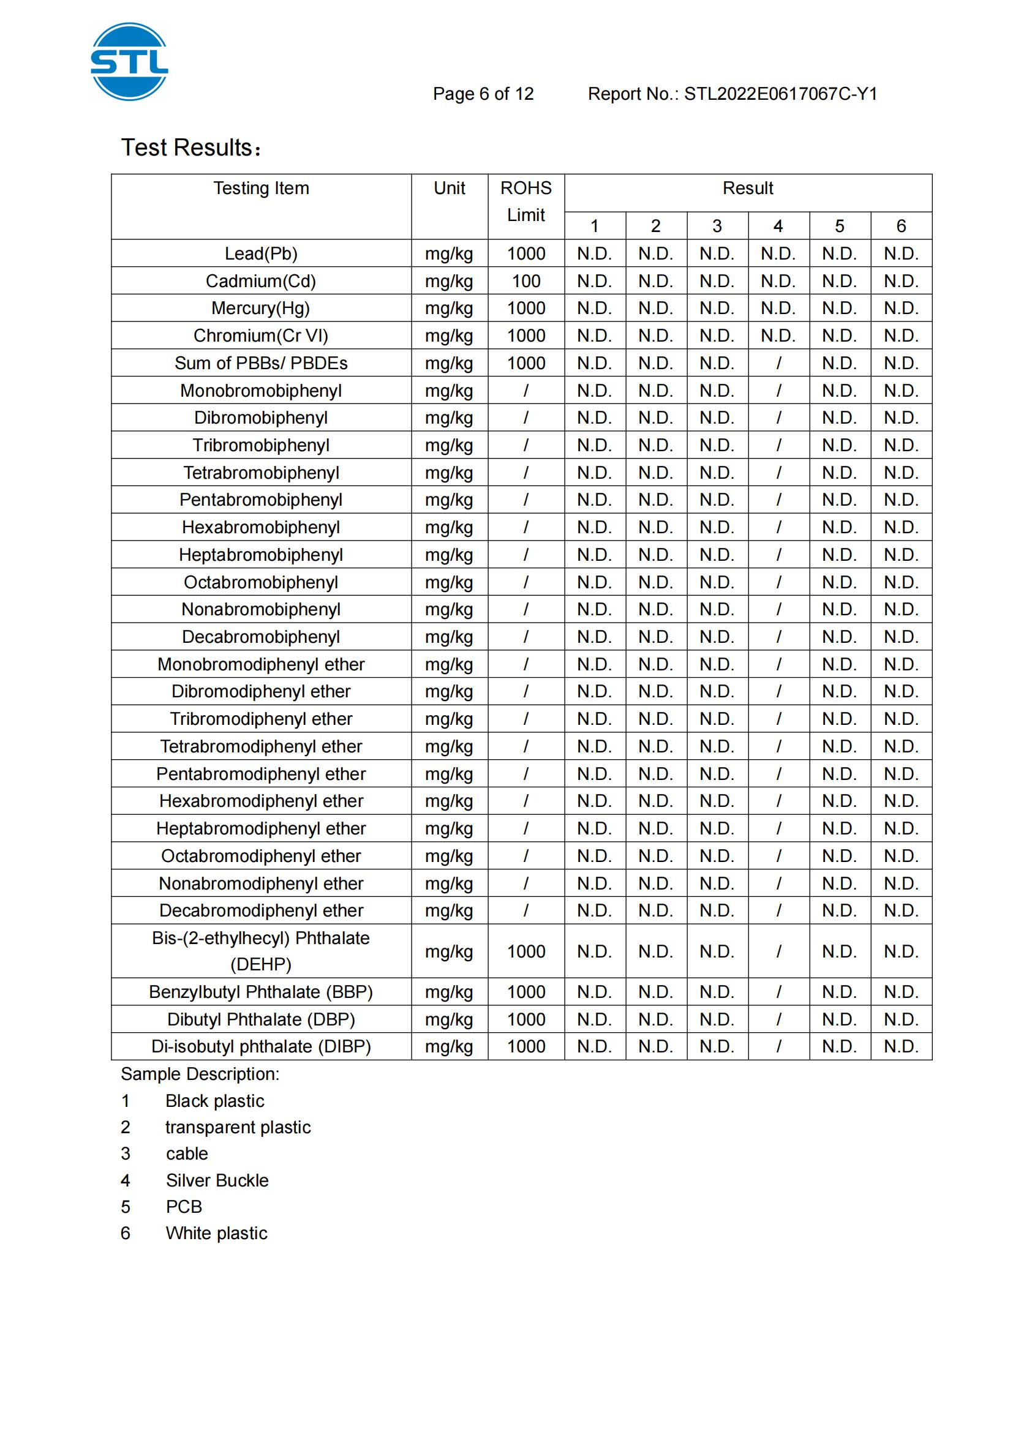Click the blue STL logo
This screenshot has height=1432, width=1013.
pyautogui.click(x=129, y=62)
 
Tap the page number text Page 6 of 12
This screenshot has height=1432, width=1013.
pyautogui.click(x=483, y=94)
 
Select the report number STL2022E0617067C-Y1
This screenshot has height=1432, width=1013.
pyautogui.click(x=780, y=94)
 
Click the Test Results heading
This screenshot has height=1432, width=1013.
pyautogui.click(x=190, y=148)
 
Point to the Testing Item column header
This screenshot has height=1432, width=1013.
pyautogui.click(x=261, y=189)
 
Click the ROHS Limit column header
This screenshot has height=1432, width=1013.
pyautogui.click(x=526, y=201)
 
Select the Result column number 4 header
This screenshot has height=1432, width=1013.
pyautogui.click(x=778, y=226)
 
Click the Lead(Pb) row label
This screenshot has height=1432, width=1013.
pyautogui.click(x=261, y=254)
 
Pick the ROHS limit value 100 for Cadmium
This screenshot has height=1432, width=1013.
pyautogui.click(x=526, y=281)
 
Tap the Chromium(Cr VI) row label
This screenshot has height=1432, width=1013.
pyautogui.click(x=261, y=336)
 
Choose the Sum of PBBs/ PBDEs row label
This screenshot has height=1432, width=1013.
pyautogui.click(x=261, y=363)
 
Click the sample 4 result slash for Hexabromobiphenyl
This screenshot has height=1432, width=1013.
pyautogui.click(x=778, y=528)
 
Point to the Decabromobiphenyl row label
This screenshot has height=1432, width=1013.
pyautogui.click(x=261, y=637)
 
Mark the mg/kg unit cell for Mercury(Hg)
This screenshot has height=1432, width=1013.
pyautogui.click(x=449, y=308)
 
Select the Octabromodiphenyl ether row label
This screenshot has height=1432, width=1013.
pyautogui.click(x=261, y=856)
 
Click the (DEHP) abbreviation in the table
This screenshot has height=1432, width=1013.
pyautogui.click(x=261, y=964)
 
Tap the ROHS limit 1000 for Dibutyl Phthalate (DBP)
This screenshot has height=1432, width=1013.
pyautogui.click(x=526, y=1019)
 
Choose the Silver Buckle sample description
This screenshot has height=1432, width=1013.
pyautogui.click(x=217, y=1180)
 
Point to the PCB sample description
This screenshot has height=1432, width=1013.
pyautogui.click(x=184, y=1207)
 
